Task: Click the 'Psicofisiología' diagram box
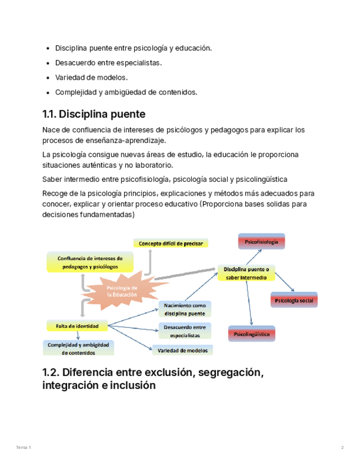[x=261, y=242]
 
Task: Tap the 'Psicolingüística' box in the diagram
[x=251, y=334]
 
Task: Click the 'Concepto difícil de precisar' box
[x=170, y=243]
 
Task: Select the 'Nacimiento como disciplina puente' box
[x=184, y=309]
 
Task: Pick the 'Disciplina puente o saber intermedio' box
[x=246, y=273]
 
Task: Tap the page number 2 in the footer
[x=342, y=448]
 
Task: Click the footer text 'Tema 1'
[x=24, y=448]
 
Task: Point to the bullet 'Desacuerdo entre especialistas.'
[x=108, y=63]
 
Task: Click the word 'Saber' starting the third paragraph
[x=51, y=179]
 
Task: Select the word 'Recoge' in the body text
[x=54, y=193]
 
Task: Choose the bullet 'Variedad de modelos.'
[x=91, y=77]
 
